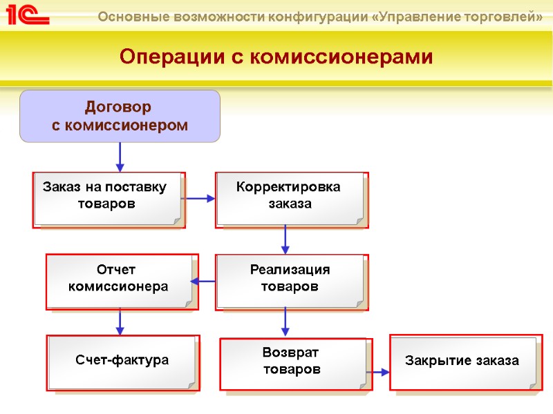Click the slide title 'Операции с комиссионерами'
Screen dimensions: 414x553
coord(276,57)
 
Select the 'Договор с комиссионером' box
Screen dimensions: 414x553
coord(120,116)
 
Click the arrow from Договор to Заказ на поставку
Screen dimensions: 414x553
coord(120,157)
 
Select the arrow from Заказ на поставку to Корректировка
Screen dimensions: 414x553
coord(200,199)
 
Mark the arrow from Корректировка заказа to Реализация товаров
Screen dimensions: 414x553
coord(285,240)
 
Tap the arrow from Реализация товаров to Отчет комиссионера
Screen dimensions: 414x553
coord(203,281)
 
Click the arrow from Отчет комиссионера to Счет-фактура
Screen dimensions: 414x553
coord(120,322)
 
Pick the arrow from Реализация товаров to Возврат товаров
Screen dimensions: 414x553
coord(285,322)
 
